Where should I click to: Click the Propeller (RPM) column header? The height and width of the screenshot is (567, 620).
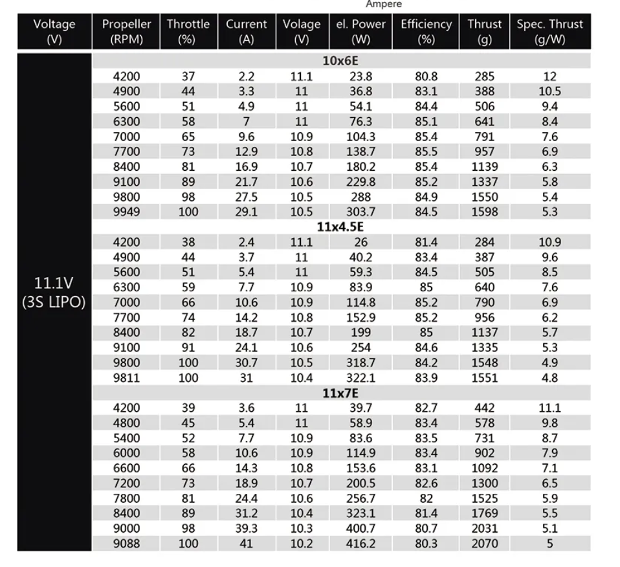[126, 31]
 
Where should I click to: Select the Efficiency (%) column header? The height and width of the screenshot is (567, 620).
[426, 31]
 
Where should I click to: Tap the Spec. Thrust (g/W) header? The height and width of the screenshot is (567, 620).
[549, 31]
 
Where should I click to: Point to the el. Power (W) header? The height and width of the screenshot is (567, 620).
[360, 31]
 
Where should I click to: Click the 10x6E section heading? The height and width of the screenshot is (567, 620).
[340, 61]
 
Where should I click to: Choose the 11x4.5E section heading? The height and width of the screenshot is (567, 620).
[340, 227]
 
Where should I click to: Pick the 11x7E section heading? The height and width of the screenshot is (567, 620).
[340, 393]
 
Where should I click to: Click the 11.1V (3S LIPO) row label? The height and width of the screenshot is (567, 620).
[54, 293]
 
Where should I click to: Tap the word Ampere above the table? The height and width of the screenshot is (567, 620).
[384, 5]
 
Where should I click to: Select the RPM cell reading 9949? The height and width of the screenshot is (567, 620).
[126, 212]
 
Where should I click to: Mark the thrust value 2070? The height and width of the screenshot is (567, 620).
[485, 544]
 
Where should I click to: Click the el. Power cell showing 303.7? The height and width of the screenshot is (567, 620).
[360, 212]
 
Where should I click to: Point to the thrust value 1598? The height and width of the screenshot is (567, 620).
[485, 212]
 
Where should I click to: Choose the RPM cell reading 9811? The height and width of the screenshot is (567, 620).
[126, 378]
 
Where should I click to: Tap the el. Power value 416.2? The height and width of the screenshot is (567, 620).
[360, 544]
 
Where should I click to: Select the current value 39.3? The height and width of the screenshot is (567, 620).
[246, 529]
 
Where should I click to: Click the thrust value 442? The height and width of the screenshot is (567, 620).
[485, 408]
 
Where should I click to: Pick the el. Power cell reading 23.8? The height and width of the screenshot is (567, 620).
[360, 76]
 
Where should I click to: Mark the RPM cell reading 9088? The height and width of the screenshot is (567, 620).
[126, 544]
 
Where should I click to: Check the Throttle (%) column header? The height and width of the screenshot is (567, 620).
[188, 31]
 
